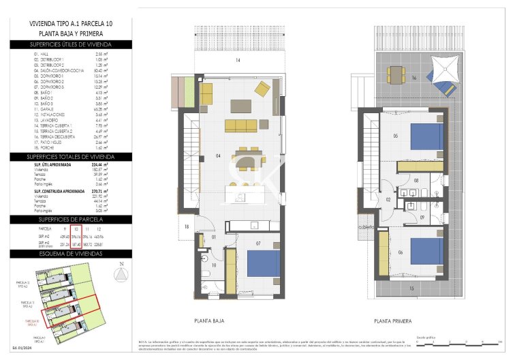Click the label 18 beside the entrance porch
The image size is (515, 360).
click(x=186, y=226)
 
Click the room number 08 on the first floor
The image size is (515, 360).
click(x=417, y=181)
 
